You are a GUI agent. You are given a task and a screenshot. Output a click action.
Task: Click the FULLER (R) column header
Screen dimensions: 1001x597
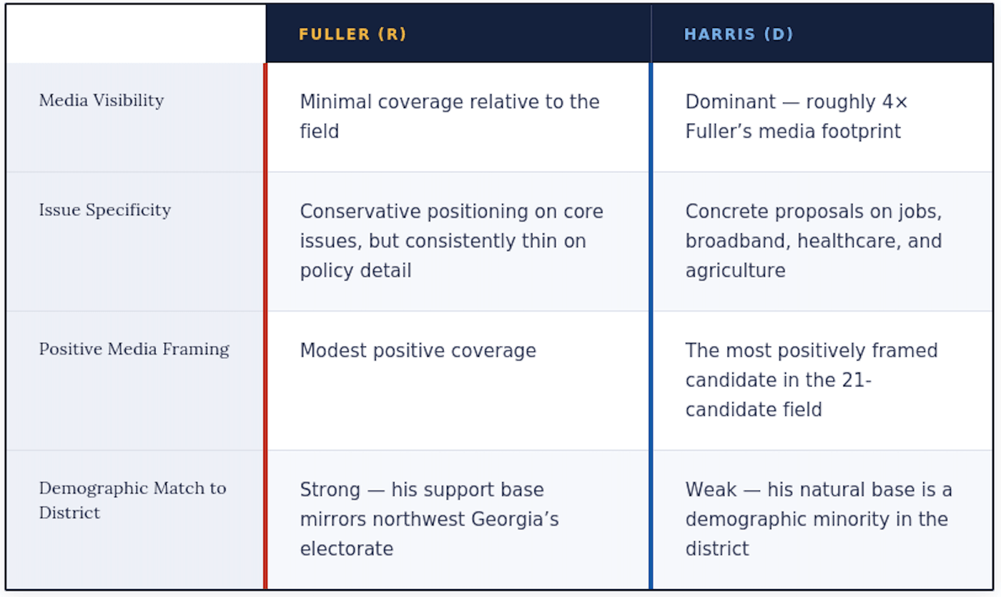(x=352, y=34)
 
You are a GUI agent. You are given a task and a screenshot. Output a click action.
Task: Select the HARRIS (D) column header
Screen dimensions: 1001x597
(x=739, y=34)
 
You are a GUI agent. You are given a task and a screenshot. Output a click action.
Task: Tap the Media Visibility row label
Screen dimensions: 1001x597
(x=102, y=101)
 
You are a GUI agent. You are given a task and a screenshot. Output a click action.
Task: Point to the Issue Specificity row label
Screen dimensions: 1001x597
(x=105, y=210)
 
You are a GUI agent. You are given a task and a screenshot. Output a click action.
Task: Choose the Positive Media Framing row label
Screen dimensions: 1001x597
(x=134, y=349)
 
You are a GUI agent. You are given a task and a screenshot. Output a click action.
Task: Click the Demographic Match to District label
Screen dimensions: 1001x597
(x=132, y=500)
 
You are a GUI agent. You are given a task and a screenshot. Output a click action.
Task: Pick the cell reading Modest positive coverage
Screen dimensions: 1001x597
(x=418, y=351)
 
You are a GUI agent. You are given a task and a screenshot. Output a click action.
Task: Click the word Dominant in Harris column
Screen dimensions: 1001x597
(x=731, y=102)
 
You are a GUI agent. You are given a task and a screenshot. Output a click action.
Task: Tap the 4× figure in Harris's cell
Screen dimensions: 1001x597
(x=895, y=102)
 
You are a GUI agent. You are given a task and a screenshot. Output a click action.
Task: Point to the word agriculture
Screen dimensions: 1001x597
(x=735, y=271)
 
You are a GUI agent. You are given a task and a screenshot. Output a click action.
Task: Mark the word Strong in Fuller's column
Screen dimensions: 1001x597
(x=330, y=490)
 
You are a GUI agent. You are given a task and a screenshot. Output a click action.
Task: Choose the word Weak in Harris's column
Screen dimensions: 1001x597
(x=711, y=490)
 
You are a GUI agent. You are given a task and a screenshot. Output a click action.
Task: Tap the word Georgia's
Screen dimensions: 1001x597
(x=515, y=519)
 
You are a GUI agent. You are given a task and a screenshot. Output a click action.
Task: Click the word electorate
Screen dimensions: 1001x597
(x=346, y=549)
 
